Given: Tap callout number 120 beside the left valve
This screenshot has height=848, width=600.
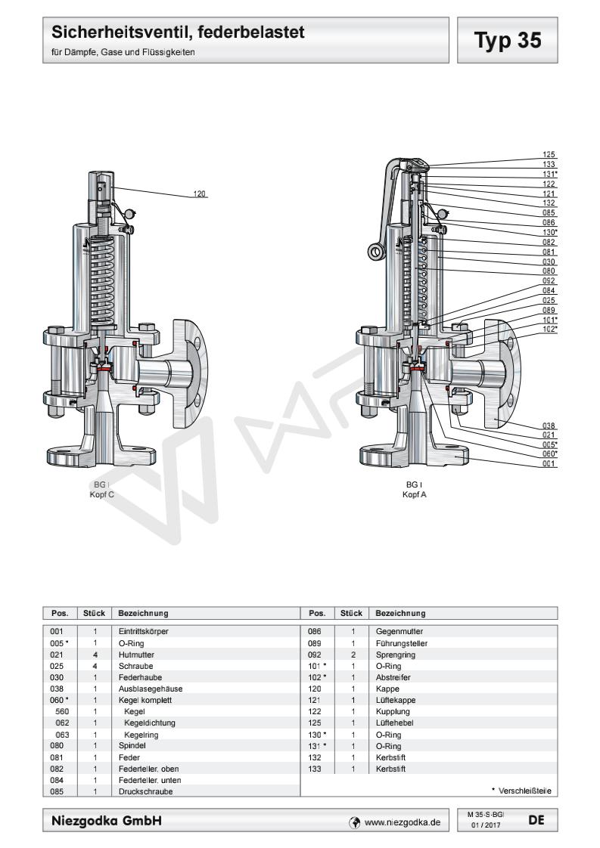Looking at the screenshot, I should tap(200, 194).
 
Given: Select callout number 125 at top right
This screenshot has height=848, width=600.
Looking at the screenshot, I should tap(549, 154).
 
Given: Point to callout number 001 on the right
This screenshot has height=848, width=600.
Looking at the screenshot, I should tap(549, 463).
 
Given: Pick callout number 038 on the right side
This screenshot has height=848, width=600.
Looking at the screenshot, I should tap(549, 425).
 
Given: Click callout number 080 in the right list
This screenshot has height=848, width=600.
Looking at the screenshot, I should tap(549, 271).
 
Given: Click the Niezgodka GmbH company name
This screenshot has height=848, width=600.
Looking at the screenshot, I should tap(107, 820).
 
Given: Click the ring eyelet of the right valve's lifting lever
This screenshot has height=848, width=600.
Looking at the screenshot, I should tap(374, 250).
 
